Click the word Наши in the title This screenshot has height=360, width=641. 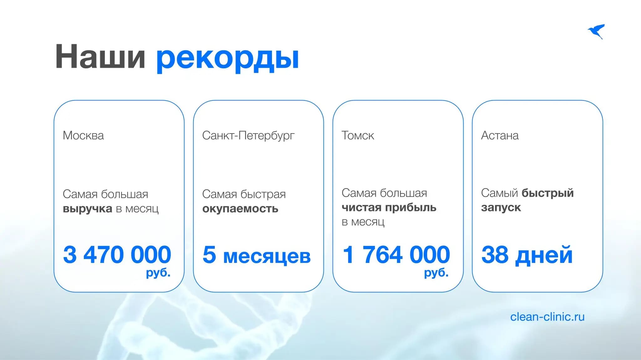point(100,57)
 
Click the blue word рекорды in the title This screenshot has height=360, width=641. point(228,58)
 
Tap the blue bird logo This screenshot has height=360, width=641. point(596,31)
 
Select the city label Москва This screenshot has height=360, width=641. point(83,135)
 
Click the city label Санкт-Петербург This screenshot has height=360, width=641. point(248,135)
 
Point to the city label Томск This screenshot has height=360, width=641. point(357,135)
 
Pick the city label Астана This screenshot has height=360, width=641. point(500,135)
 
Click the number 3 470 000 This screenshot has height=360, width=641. point(117,255)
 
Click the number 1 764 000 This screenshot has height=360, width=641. point(396,255)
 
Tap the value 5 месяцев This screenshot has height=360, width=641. point(256,255)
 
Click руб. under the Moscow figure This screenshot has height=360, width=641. point(158,273)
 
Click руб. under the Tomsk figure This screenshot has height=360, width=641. point(436,273)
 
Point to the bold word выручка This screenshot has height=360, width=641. point(87,209)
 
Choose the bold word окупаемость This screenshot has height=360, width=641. point(240,209)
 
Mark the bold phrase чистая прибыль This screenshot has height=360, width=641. point(389,207)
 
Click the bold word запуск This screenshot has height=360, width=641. point(501,207)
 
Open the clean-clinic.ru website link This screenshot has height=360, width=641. point(547,317)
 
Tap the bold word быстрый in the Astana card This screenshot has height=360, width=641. point(547,193)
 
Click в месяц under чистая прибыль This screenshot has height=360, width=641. point(363,222)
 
